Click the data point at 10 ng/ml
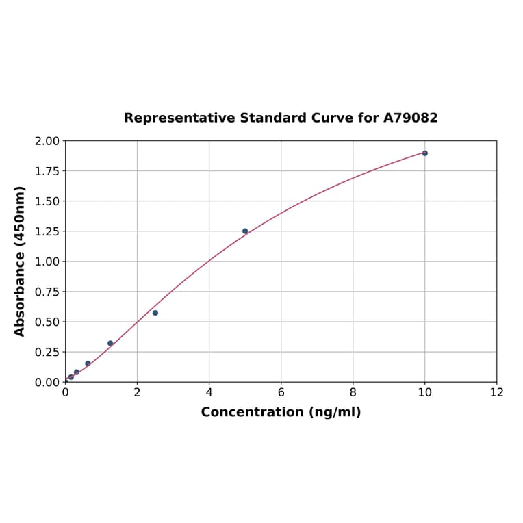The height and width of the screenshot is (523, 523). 424,153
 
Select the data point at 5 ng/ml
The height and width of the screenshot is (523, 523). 245,231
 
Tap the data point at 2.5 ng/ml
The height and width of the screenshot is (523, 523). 155,313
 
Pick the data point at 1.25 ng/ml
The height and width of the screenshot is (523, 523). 110,344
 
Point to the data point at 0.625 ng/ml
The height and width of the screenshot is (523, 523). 88,363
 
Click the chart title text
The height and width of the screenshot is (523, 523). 281,118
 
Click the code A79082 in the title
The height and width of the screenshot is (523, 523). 410,118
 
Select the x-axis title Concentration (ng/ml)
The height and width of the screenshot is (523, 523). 281,413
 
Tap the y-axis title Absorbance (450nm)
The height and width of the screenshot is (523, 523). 20,261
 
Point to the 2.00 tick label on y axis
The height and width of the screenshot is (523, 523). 47,141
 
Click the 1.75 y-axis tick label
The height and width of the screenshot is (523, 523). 47,171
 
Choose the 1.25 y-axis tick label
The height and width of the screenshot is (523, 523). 47,231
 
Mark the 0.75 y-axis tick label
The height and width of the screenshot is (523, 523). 47,292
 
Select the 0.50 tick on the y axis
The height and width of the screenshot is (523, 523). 47,322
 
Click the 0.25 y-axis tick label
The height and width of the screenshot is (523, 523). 47,352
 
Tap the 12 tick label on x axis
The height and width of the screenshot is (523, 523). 497,393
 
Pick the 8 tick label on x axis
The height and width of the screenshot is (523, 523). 353,393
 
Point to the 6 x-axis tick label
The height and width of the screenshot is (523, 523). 281,393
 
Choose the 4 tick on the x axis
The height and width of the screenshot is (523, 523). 209,393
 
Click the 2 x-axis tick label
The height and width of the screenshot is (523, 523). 137,393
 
